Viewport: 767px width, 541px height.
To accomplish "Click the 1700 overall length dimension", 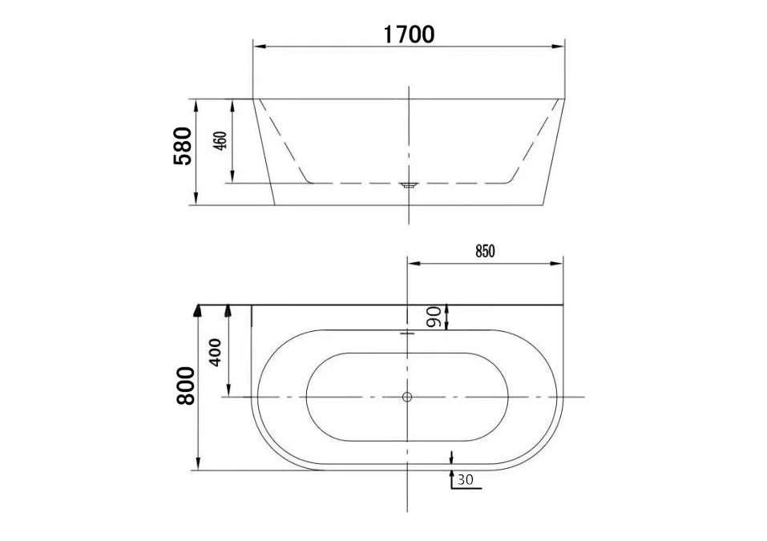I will [x=408, y=34].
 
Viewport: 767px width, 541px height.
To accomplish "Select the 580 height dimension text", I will [x=184, y=146].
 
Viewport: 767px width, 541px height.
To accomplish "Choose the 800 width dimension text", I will [x=185, y=385].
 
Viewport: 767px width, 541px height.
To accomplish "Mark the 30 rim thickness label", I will [x=466, y=481].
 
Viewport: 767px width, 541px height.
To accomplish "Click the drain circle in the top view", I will [x=407, y=397].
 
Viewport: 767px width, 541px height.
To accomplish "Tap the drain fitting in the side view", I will [x=409, y=185].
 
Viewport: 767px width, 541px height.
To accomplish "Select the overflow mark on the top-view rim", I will [x=407, y=332].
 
